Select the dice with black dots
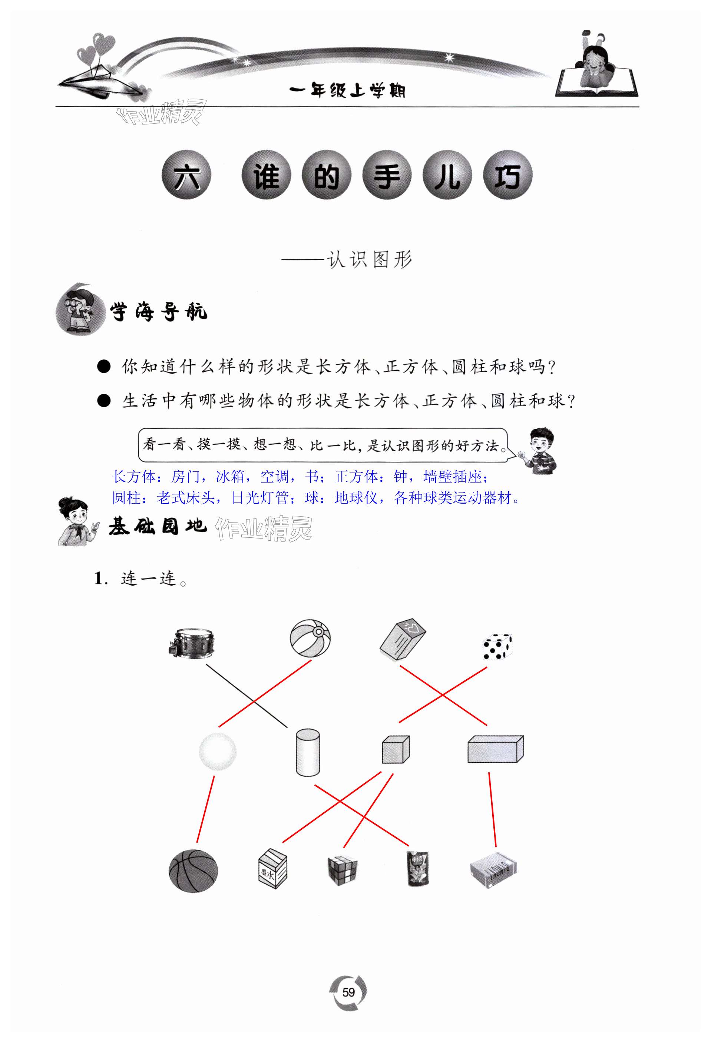pos(497,647)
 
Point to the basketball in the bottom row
pos(193,871)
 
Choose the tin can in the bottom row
pos(417,869)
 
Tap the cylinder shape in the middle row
pos(308,752)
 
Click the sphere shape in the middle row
pos(218,751)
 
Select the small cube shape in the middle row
pos(396,749)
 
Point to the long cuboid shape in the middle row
pos(495,749)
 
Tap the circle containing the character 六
pos(186,176)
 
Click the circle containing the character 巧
pos(507,176)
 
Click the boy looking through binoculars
pos(80,309)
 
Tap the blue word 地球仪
pos(356,498)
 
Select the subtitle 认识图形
pos(369,259)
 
